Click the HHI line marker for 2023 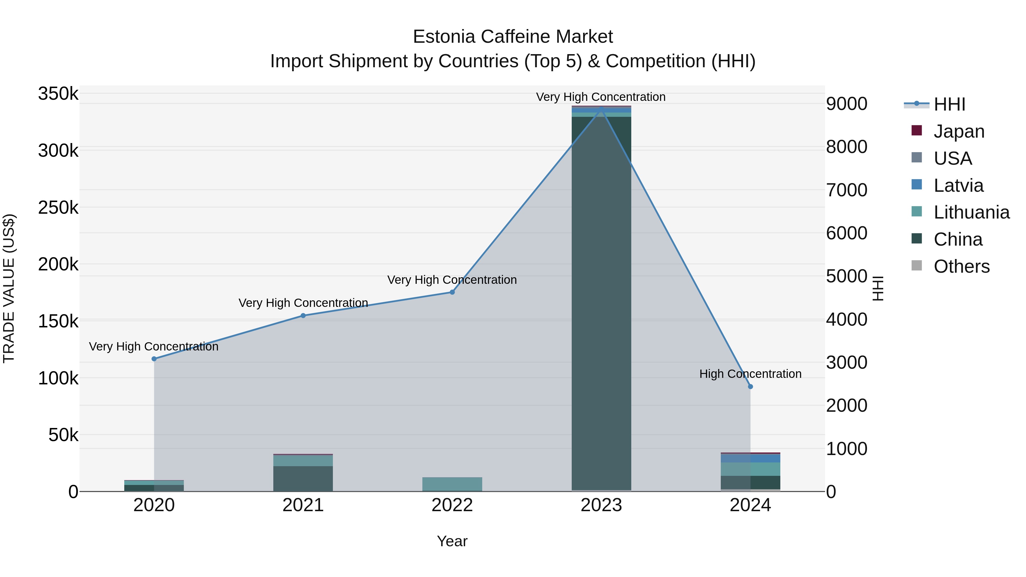pos(601,108)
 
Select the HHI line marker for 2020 pos(154,359)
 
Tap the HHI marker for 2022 pos(452,292)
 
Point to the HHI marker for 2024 pos(750,387)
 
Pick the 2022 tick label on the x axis pos(452,505)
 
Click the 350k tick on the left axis pos(58,94)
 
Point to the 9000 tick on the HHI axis pos(846,104)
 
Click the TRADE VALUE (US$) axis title pos(9,288)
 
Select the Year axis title pos(452,541)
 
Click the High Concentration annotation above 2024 pos(750,374)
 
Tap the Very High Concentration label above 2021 pos(303,303)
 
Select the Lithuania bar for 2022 pos(452,484)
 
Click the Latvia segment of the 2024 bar pos(750,458)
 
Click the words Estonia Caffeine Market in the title pos(513,37)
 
